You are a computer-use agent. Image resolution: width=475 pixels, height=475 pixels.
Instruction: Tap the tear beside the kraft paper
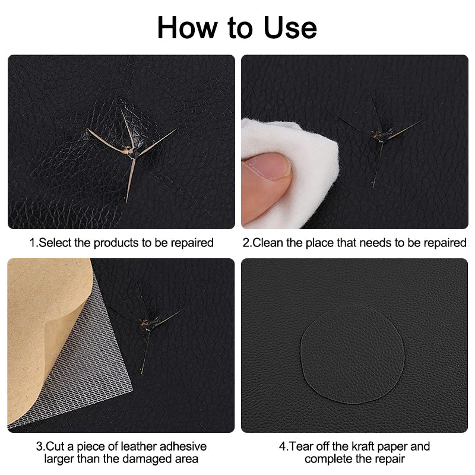click(x=145, y=324)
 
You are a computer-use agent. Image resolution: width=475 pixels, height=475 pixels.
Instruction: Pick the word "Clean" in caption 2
click(x=268, y=243)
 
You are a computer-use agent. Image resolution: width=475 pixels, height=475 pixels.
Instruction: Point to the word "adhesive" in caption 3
click(x=179, y=446)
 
